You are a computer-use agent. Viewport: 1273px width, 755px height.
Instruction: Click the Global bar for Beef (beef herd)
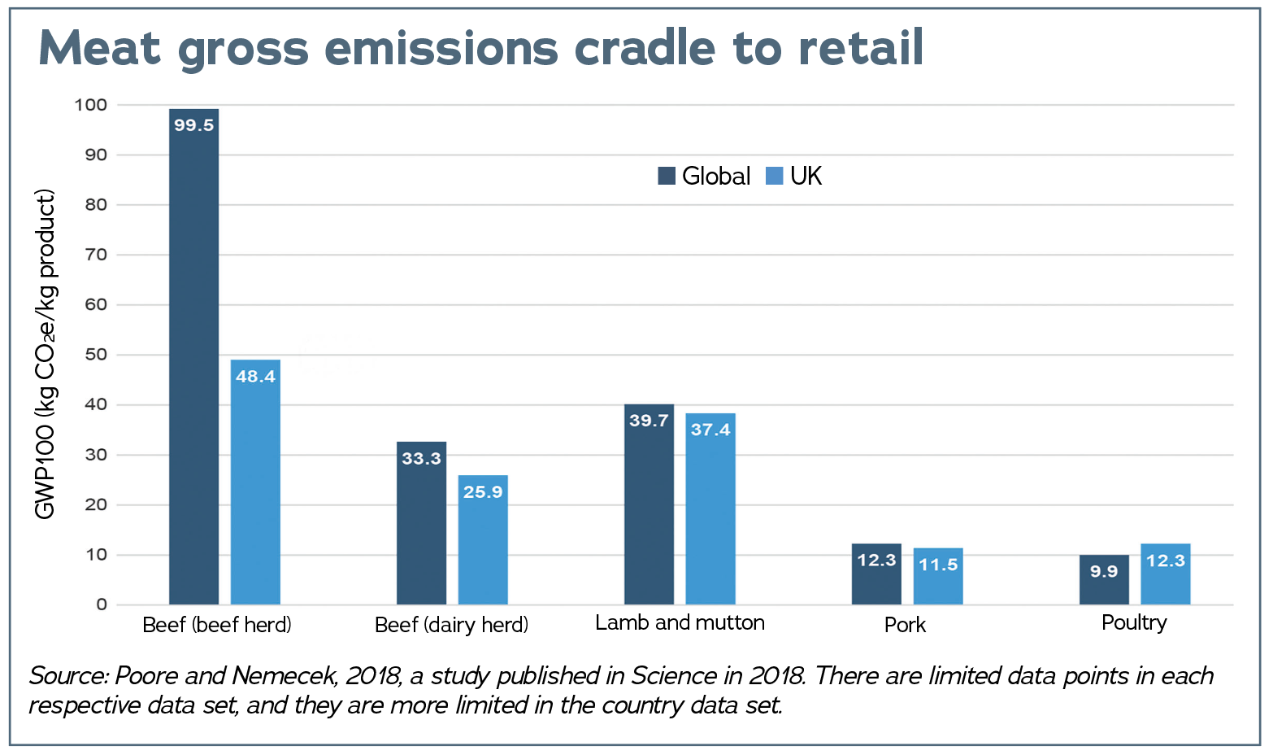pyautogui.click(x=193, y=356)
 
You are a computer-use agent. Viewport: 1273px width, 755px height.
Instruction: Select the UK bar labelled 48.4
pyautogui.click(x=255, y=482)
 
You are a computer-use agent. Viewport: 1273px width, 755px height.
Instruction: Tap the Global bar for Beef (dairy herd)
pyautogui.click(x=421, y=523)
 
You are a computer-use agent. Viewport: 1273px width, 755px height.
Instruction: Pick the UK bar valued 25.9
pyautogui.click(x=483, y=539)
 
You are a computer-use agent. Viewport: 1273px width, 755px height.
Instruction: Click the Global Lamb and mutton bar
pyautogui.click(x=649, y=504)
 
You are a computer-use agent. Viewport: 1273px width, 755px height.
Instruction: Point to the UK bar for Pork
pyautogui.click(x=938, y=576)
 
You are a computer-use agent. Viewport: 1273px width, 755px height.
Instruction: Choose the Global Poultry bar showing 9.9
pyautogui.click(x=1104, y=579)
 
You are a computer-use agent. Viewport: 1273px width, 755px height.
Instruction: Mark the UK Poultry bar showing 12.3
pyautogui.click(x=1166, y=574)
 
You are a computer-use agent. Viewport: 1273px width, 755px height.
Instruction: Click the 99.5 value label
pyautogui.click(x=193, y=125)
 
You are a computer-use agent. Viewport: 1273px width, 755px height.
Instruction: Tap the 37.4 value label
pyautogui.click(x=710, y=429)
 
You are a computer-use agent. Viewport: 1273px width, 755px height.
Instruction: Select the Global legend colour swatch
pyautogui.click(x=667, y=176)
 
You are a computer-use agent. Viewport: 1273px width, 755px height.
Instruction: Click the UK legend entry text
pyautogui.click(x=806, y=176)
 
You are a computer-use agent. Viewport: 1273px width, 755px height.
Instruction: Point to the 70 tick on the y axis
pyautogui.click(x=96, y=255)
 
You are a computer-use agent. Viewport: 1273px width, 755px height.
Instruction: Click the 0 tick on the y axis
pyautogui.click(x=102, y=604)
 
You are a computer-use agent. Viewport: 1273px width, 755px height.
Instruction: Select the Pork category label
pyautogui.click(x=905, y=625)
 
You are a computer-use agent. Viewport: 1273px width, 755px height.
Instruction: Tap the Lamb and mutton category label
pyautogui.click(x=680, y=622)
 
